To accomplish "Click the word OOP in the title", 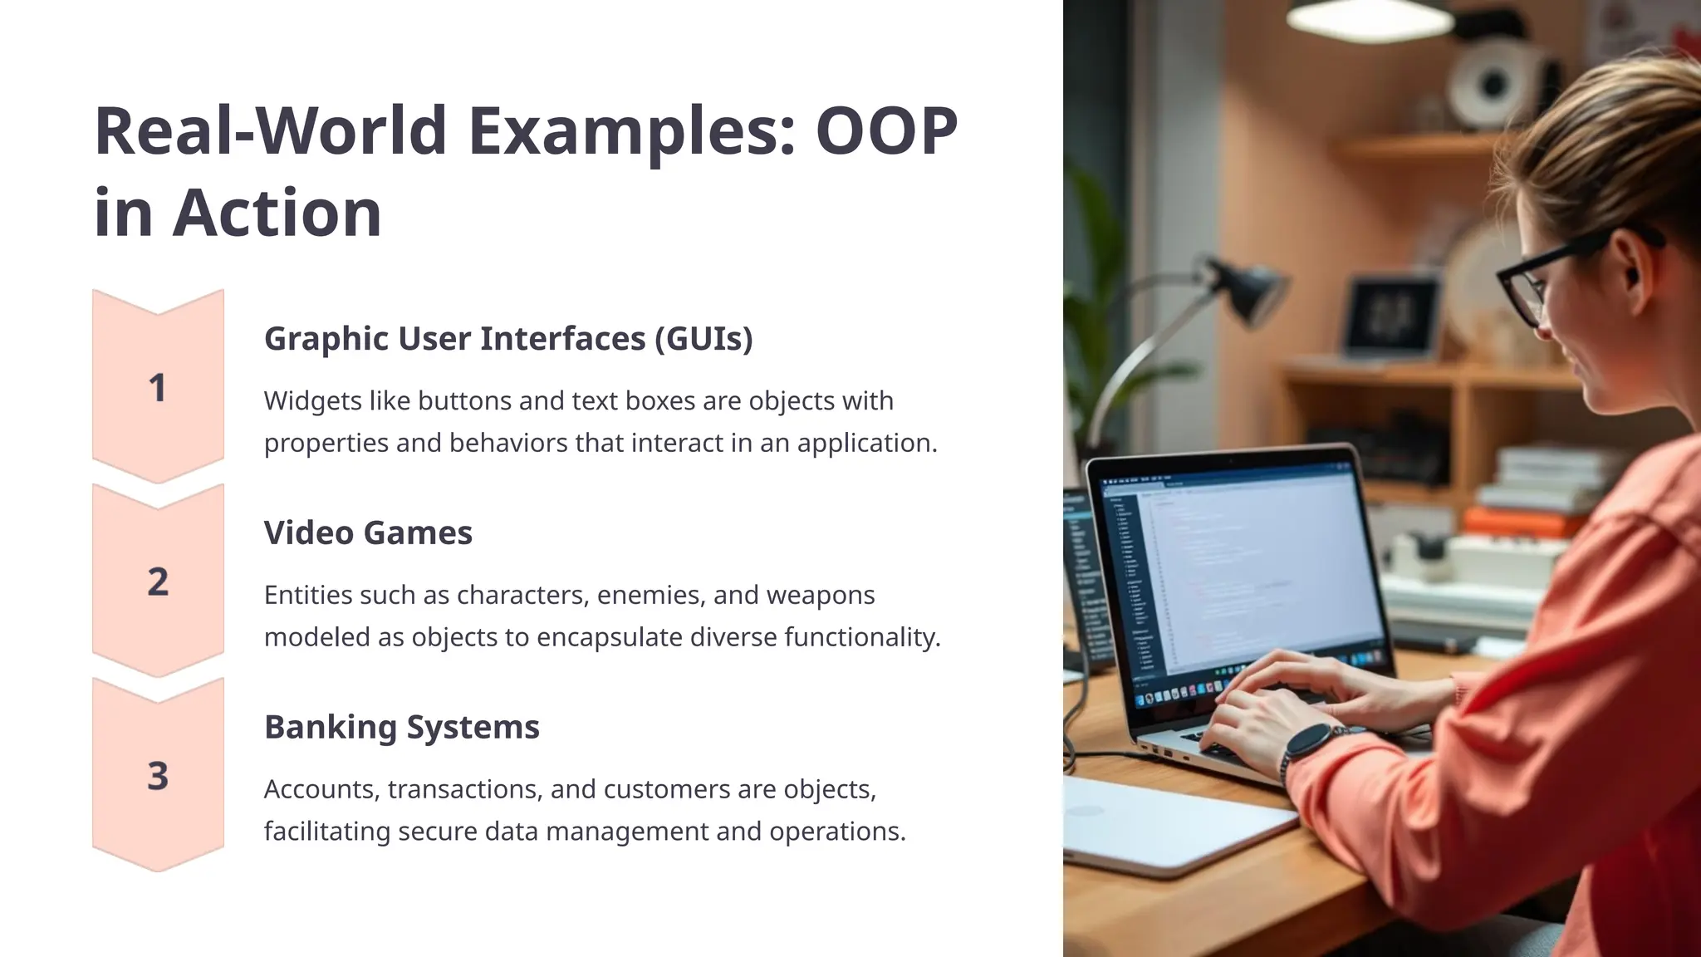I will tap(886, 131).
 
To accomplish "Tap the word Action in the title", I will tap(277, 213).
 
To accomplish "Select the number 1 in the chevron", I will tap(157, 389).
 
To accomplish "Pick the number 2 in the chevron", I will tap(158, 582).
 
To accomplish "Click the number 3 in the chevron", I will tap(158, 777).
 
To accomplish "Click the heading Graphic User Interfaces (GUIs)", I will tap(508, 339).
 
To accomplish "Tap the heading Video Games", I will tap(368, 532).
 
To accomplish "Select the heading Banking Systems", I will tap(402, 727).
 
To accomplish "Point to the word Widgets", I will tap(312, 401).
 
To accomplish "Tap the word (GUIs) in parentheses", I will tap(703, 339).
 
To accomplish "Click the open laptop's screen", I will tap(1246, 573).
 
